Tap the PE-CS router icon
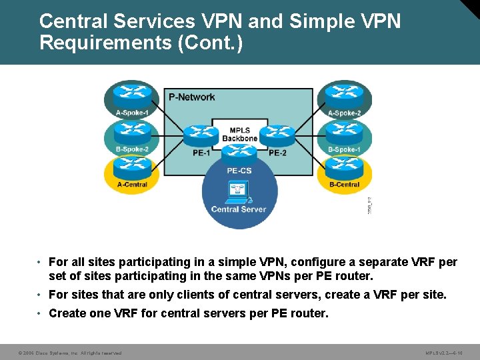pos(239,153)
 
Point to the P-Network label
pos(191,97)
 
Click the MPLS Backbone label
pos(239,134)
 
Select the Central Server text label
pos(239,209)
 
